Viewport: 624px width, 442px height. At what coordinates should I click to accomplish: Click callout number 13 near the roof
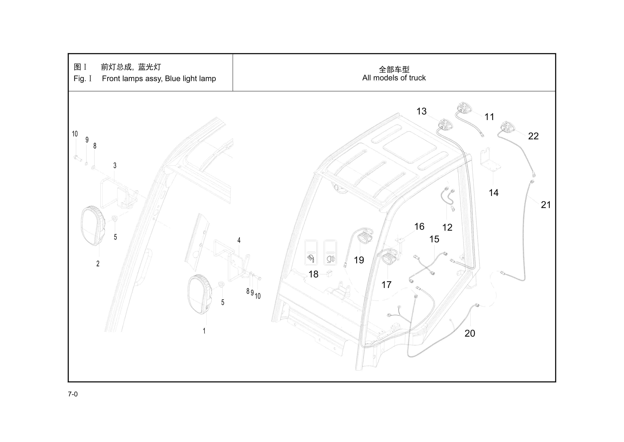click(x=421, y=111)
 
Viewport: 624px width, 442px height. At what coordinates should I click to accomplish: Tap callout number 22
click(x=533, y=136)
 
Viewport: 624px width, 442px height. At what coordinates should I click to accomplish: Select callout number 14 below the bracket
click(x=494, y=193)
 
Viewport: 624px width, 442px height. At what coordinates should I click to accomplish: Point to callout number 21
click(x=546, y=205)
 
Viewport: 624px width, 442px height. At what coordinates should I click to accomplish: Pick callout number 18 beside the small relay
click(x=313, y=274)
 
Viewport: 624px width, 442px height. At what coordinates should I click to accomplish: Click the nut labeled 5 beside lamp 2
click(x=115, y=218)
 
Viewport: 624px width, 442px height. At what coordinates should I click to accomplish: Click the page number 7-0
click(x=73, y=394)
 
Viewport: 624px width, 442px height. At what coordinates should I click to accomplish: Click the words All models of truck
click(x=394, y=78)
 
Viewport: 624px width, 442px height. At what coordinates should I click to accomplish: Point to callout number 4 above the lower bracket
click(x=239, y=240)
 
